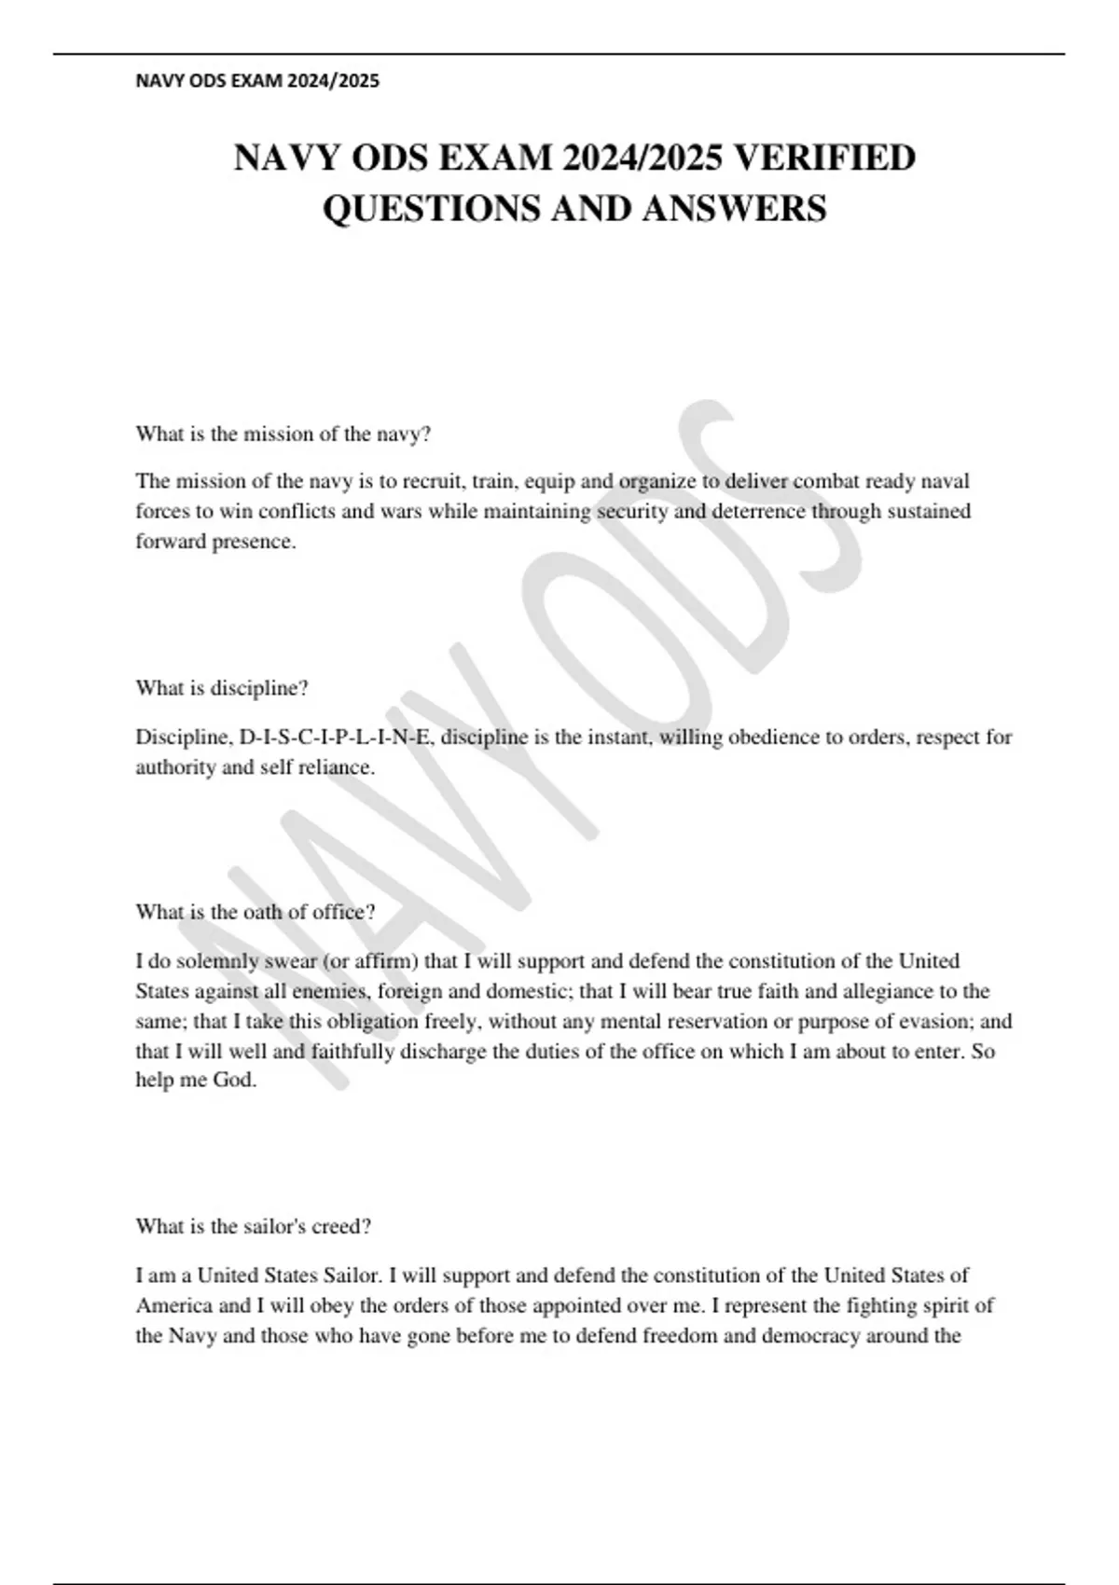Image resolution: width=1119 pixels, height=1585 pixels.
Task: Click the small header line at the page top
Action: tap(257, 81)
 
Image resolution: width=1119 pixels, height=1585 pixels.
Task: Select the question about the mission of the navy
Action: tap(283, 434)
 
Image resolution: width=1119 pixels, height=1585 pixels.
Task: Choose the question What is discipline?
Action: tap(222, 689)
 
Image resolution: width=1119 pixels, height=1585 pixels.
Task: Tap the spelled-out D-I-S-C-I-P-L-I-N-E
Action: tap(337, 737)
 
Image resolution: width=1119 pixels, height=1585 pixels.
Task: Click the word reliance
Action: tap(338, 768)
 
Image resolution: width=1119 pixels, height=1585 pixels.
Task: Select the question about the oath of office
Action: tap(256, 913)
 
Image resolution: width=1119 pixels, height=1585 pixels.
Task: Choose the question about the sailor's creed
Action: tap(254, 1227)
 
